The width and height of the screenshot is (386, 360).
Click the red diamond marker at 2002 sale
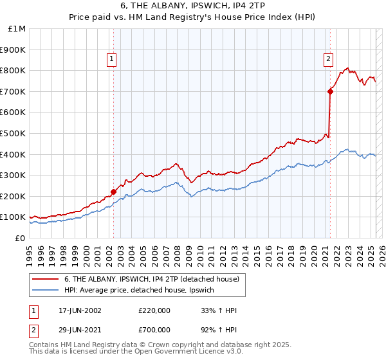(x=114, y=191)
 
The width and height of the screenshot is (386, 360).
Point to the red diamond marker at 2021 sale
(x=330, y=91)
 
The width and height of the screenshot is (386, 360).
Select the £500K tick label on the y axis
(x=14, y=133)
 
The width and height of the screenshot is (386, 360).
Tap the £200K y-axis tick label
(x=14, y=196)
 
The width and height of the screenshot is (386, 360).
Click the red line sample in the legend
(x=46, y=279)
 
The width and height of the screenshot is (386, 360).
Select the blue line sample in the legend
(x=46, y=291)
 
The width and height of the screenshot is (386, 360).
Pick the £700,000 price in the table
(x=154, y=329)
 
